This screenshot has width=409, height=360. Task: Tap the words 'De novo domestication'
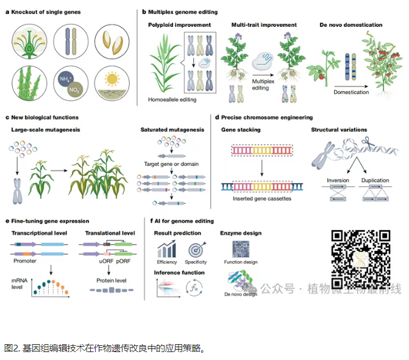click(350, 25)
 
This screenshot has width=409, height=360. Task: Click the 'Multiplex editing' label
click(262, 84)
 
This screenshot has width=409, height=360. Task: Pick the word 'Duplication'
click(375, 181)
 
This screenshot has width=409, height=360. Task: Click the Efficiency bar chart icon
click(166, 249)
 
